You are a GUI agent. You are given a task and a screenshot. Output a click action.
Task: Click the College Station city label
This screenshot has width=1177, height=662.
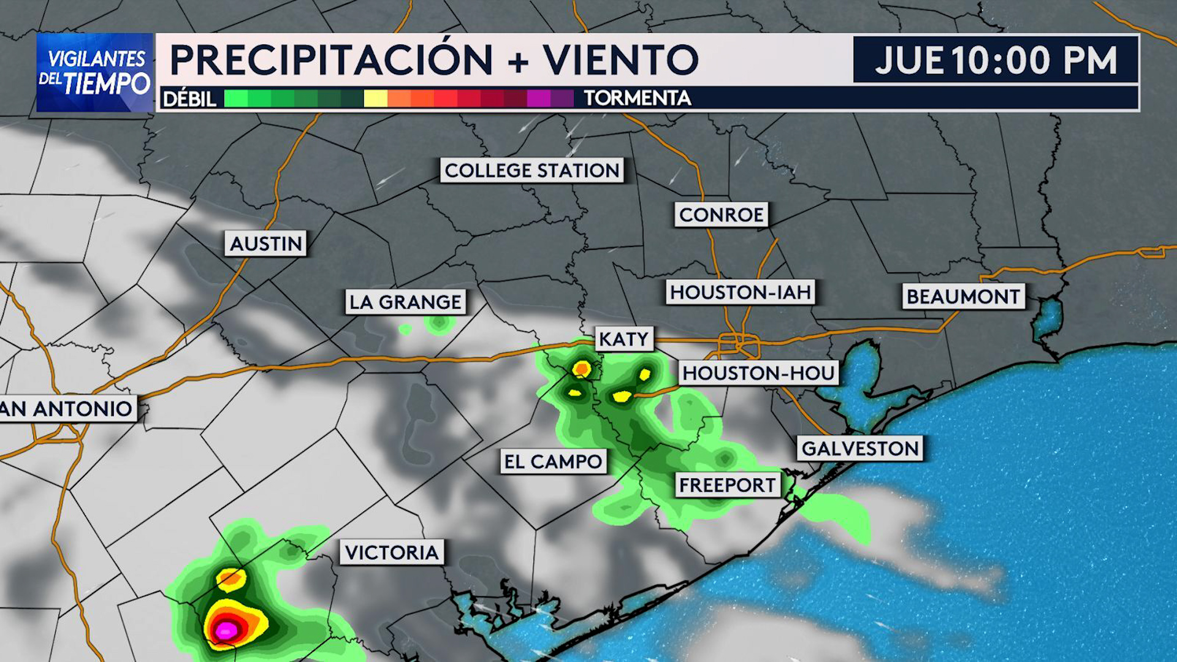(531, 170)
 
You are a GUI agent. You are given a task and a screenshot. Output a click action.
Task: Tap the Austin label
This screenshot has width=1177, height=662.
(265, 244)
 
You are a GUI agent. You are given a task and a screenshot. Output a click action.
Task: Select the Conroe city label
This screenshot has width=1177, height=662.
(721, 215)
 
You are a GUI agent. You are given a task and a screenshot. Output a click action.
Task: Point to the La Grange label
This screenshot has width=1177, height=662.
(405, 302)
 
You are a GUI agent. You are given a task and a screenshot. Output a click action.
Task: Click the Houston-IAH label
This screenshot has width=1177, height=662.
(740, 292)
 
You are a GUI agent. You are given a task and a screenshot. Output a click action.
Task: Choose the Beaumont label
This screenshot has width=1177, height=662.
(962, 297)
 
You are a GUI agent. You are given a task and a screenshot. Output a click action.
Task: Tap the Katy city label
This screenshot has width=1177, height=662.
(623, 339)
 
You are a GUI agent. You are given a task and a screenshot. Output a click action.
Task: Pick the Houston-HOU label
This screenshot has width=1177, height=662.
(758, 373)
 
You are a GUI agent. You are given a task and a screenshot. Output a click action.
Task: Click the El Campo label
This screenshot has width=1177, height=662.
(553, 462)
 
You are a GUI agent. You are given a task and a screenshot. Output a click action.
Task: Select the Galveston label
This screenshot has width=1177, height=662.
(859, 449)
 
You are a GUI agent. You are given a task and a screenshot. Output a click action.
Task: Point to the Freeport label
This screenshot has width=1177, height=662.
(727, 485)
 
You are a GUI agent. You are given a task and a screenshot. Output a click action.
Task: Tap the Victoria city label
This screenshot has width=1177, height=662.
(392, 552)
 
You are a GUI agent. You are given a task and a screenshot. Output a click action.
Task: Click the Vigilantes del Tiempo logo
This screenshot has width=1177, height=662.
(95, 72)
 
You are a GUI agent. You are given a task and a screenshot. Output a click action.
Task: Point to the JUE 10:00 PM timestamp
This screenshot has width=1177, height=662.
(996, 60)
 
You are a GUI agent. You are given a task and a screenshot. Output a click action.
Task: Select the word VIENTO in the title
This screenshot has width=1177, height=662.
(620, 60)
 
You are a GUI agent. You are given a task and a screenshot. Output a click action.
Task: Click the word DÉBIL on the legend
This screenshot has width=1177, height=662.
(189, 99)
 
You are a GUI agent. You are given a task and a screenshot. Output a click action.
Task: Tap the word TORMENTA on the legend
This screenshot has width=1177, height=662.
(637, 98)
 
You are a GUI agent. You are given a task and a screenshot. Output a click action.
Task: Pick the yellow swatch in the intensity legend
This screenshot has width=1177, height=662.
(375, 98)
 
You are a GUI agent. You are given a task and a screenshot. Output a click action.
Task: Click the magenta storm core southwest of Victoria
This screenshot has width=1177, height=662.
(225, 630)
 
